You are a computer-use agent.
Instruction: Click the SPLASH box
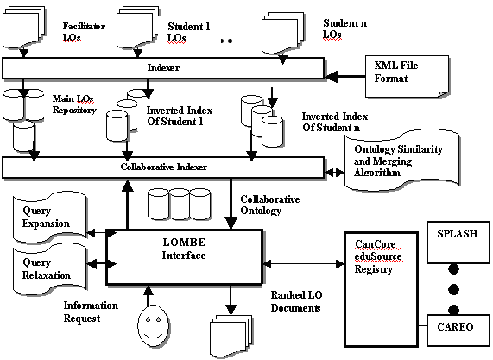click(458, 243)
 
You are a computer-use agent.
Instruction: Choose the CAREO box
click(458, 330)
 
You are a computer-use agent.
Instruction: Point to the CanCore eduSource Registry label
click(378, 256)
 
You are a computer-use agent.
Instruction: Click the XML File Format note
click(408, 76)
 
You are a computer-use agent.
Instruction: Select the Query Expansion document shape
click(50, 218)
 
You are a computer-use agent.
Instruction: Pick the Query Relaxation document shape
click(50, 269)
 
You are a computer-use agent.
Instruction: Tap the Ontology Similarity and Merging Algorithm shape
click(401, 161)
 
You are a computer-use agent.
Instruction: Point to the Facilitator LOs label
click(84, 32)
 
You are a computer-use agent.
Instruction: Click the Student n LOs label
click(344, 28)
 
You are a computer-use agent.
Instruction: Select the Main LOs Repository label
click(74, 104)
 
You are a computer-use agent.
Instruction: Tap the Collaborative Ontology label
click(269, 205)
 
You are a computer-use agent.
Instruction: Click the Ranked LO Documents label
click(296, 301)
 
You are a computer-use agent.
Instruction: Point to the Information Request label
click(91, 312)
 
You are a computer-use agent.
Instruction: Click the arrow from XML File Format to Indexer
click(344, 76)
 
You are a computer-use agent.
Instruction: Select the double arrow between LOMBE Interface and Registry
click(303, 264)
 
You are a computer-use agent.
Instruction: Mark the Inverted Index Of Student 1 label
click(180, 116)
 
